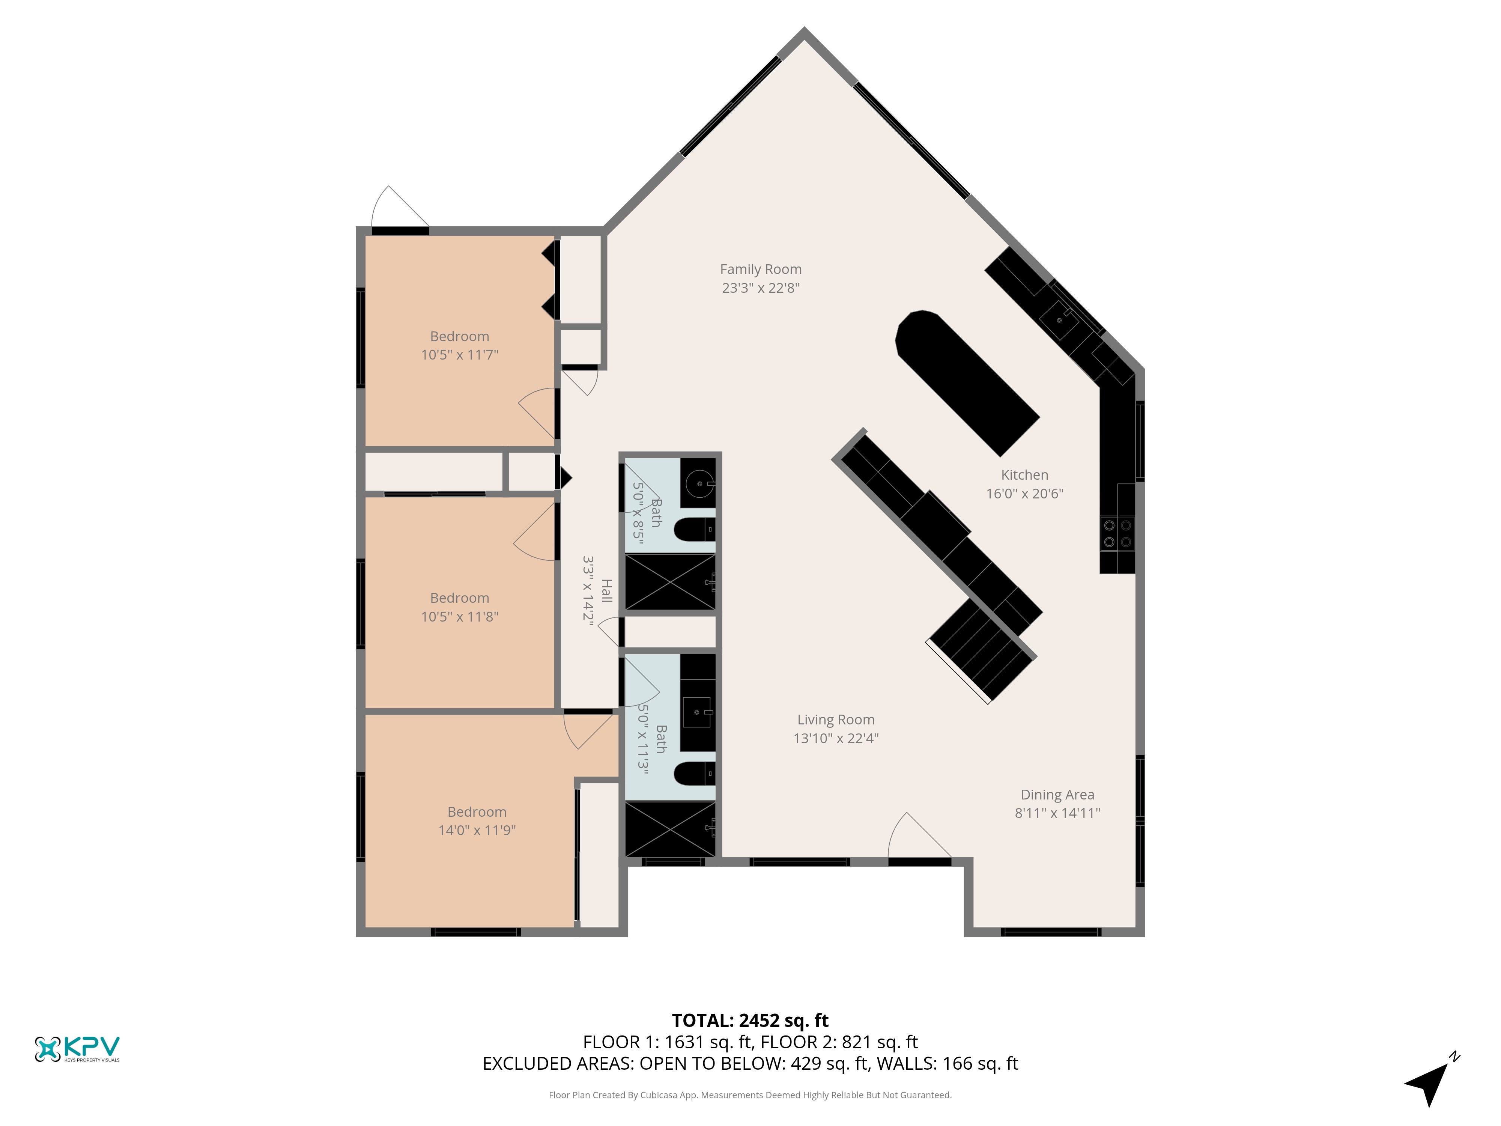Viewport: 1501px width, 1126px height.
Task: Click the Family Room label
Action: click(x=761, y=269)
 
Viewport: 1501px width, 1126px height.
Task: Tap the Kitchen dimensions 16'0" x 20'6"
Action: click(x=1025, y=494)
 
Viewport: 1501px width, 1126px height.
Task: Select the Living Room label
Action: click(x=836, y=720)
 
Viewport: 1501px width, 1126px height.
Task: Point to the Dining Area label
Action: click(x=1057, y=795)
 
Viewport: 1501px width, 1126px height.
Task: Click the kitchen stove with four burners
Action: click(x=1117, y=533)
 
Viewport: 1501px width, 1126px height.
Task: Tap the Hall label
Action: click(x=607, y=590)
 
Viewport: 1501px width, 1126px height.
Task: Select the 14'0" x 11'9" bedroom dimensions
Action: click(x=477, y=830)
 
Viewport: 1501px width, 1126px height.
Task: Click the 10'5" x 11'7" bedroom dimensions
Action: click(x=459, y=354)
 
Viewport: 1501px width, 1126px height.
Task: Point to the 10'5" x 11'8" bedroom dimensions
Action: click(x=459, y=616)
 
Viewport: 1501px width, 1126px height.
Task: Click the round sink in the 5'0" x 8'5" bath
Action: click(x=698, y=484)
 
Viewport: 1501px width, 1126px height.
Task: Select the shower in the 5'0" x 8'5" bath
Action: click(x=670, y=582)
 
